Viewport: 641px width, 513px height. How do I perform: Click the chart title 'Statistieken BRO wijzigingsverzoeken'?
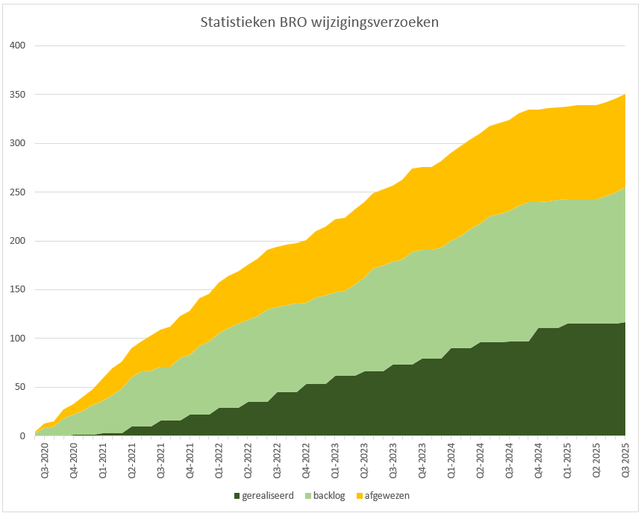click(x=319, y=22)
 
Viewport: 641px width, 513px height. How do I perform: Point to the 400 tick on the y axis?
click(x=18, y=45)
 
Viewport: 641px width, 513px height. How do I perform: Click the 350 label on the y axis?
click(x=18, y=95)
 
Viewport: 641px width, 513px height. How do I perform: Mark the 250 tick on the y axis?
click(x=18, y=192)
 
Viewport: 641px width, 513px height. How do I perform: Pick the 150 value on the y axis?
click(x=18, y=289)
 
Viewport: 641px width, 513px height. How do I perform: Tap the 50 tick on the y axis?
click(x=20, y=387)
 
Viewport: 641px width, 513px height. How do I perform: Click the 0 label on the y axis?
click(x=22, y=435)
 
